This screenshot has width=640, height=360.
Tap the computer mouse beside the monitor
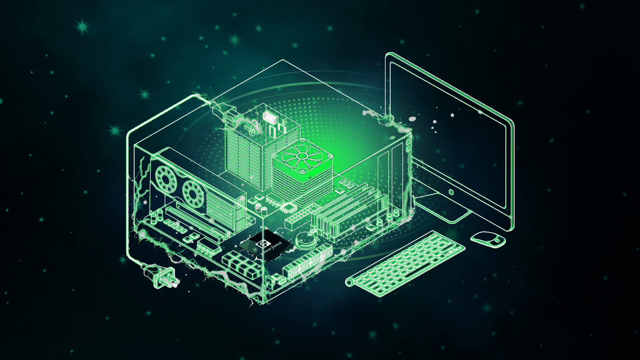pyautogui.click(x=488, y=239)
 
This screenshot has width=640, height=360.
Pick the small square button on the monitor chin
pyautogui.click(x=451, y=192)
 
